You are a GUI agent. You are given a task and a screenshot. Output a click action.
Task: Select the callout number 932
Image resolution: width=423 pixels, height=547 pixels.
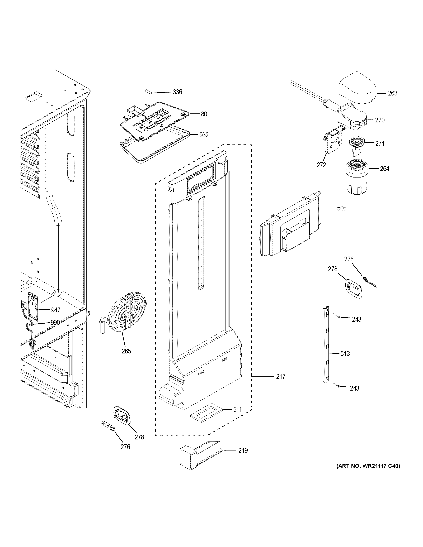[x=204, y=135]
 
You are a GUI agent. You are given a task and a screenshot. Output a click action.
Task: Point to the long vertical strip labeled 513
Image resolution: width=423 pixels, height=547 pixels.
[x=326, y=348]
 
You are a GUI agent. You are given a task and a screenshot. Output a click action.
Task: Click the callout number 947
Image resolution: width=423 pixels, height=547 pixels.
[x=56, y=310]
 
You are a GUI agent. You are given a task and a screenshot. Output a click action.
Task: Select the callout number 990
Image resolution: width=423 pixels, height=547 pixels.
[x=55, y=322]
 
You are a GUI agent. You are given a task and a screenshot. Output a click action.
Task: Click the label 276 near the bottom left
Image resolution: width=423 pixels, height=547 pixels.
[x=125, y=447]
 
